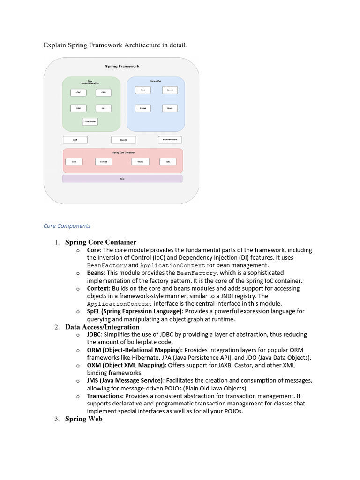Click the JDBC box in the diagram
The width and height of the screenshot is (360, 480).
[78, 92]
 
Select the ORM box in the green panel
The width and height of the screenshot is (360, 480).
[103, 92]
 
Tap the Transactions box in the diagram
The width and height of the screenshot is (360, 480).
[90, 122]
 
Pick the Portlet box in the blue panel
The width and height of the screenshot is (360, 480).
[142, 108]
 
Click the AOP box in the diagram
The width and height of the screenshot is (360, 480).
[75, 140]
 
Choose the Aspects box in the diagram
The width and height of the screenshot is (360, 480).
[123, 140]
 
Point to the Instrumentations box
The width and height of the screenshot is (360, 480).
[170, 140]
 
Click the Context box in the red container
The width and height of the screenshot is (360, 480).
[104, 162]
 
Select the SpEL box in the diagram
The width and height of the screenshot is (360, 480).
[168, 162]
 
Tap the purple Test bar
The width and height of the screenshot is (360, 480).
[122, 179]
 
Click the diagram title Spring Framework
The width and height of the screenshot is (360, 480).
[122, 67]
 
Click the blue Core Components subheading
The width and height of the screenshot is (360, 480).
[67, 226]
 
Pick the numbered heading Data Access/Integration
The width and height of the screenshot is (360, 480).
[102, 327]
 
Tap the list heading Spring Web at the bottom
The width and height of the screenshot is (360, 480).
[83, 419]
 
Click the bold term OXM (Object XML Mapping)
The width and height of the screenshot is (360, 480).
[126, 365]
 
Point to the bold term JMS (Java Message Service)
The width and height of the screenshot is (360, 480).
[125, 380]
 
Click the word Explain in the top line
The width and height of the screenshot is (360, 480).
[55, 45]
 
